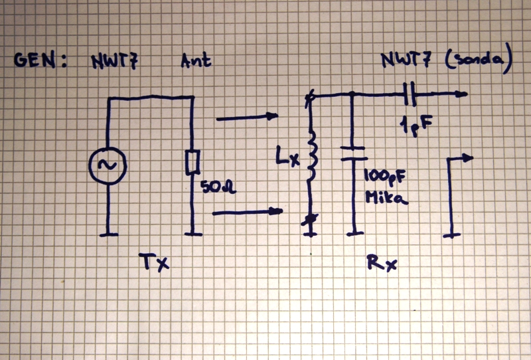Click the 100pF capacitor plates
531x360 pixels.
coord(353,153)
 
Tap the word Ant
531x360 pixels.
coord(196,62)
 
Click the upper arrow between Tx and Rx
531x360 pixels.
coord(247,118)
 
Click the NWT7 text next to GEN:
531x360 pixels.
coord(115,62)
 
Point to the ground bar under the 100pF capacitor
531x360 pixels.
coord(353,232)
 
